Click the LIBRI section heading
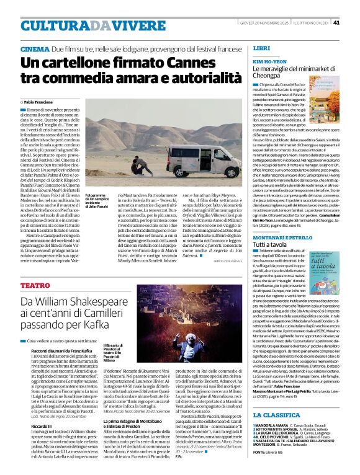coord(261,48)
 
